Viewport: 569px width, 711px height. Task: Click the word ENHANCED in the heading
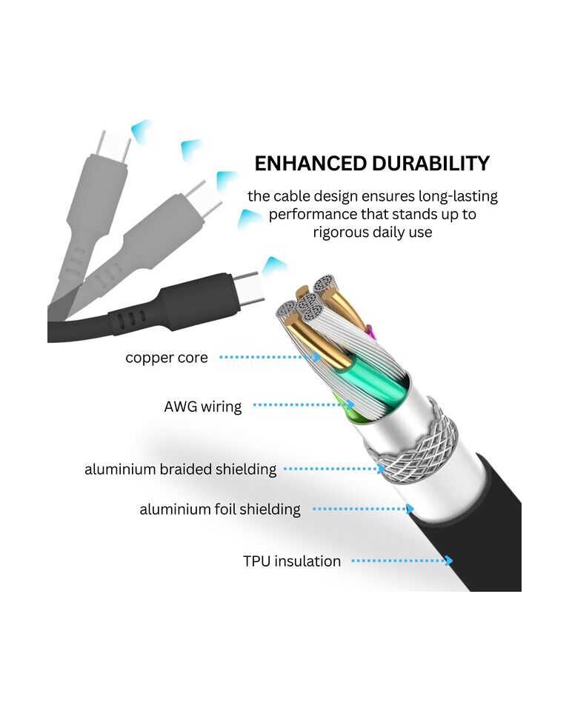coord(310,164)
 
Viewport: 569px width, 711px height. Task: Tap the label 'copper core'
coord(167,358)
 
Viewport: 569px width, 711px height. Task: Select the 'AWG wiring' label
coord(203,407)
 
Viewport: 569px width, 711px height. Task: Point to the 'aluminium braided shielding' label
coord(180,469)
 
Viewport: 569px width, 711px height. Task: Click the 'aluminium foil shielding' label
coord(220,510)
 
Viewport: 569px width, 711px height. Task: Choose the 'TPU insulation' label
coord(292,561)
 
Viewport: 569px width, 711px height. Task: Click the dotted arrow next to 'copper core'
coord(270,357)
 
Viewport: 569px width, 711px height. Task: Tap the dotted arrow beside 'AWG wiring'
coord(304,404)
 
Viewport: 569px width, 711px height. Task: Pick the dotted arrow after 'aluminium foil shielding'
coord(364,509)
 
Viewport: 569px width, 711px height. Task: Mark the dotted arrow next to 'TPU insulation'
coord(402,561)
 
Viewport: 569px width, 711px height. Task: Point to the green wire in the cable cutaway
coord(372,380)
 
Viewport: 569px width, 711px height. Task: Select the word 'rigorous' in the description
coord(341,232)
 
